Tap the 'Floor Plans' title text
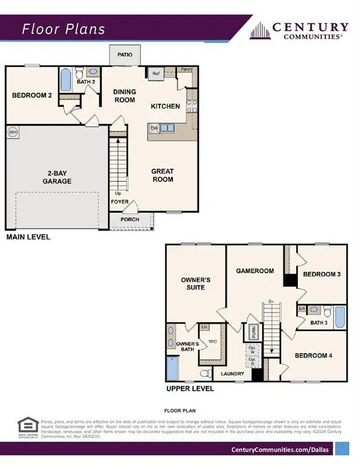coord(64,29)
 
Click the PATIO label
coord(126,55)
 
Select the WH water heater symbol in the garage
coord(12,132)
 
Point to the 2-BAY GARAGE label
coord(57,177)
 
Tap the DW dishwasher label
coord(154,129)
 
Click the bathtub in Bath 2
coord(65,80)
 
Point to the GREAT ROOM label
coord(162,175)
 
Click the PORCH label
coord(130,220)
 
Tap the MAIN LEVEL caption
coord(28,237)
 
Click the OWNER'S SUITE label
coord(195,283)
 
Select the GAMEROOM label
coord(254,271)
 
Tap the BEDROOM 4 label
coord(313,355)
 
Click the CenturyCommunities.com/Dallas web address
coord(281,449)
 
